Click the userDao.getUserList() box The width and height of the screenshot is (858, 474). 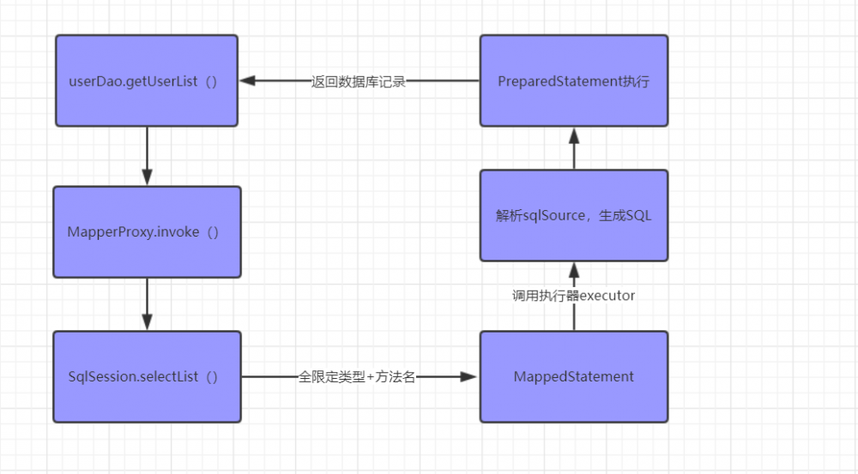pos(147,81)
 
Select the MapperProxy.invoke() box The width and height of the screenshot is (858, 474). pos(147,232)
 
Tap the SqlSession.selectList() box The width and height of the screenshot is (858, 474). pos(147,377)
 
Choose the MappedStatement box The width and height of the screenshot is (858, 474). pos(573,377)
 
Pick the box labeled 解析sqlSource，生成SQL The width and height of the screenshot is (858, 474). pos(573,215)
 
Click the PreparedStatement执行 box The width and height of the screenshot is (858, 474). pos(573,81)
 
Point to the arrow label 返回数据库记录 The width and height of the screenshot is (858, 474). pos(358,82)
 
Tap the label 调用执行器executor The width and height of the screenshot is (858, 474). pos(573,296)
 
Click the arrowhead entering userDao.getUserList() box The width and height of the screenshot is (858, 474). pos(248,81)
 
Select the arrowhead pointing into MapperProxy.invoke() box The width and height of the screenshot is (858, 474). pos(147,177)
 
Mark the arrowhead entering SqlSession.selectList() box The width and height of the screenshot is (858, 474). pos(147,322)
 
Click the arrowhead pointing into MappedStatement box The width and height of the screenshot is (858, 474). pos(469,377)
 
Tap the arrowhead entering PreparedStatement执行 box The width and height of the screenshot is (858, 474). pos(573,136)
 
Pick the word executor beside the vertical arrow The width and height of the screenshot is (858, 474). pos(607,296)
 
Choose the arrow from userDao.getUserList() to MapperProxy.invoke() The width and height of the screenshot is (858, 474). pos(147,154)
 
